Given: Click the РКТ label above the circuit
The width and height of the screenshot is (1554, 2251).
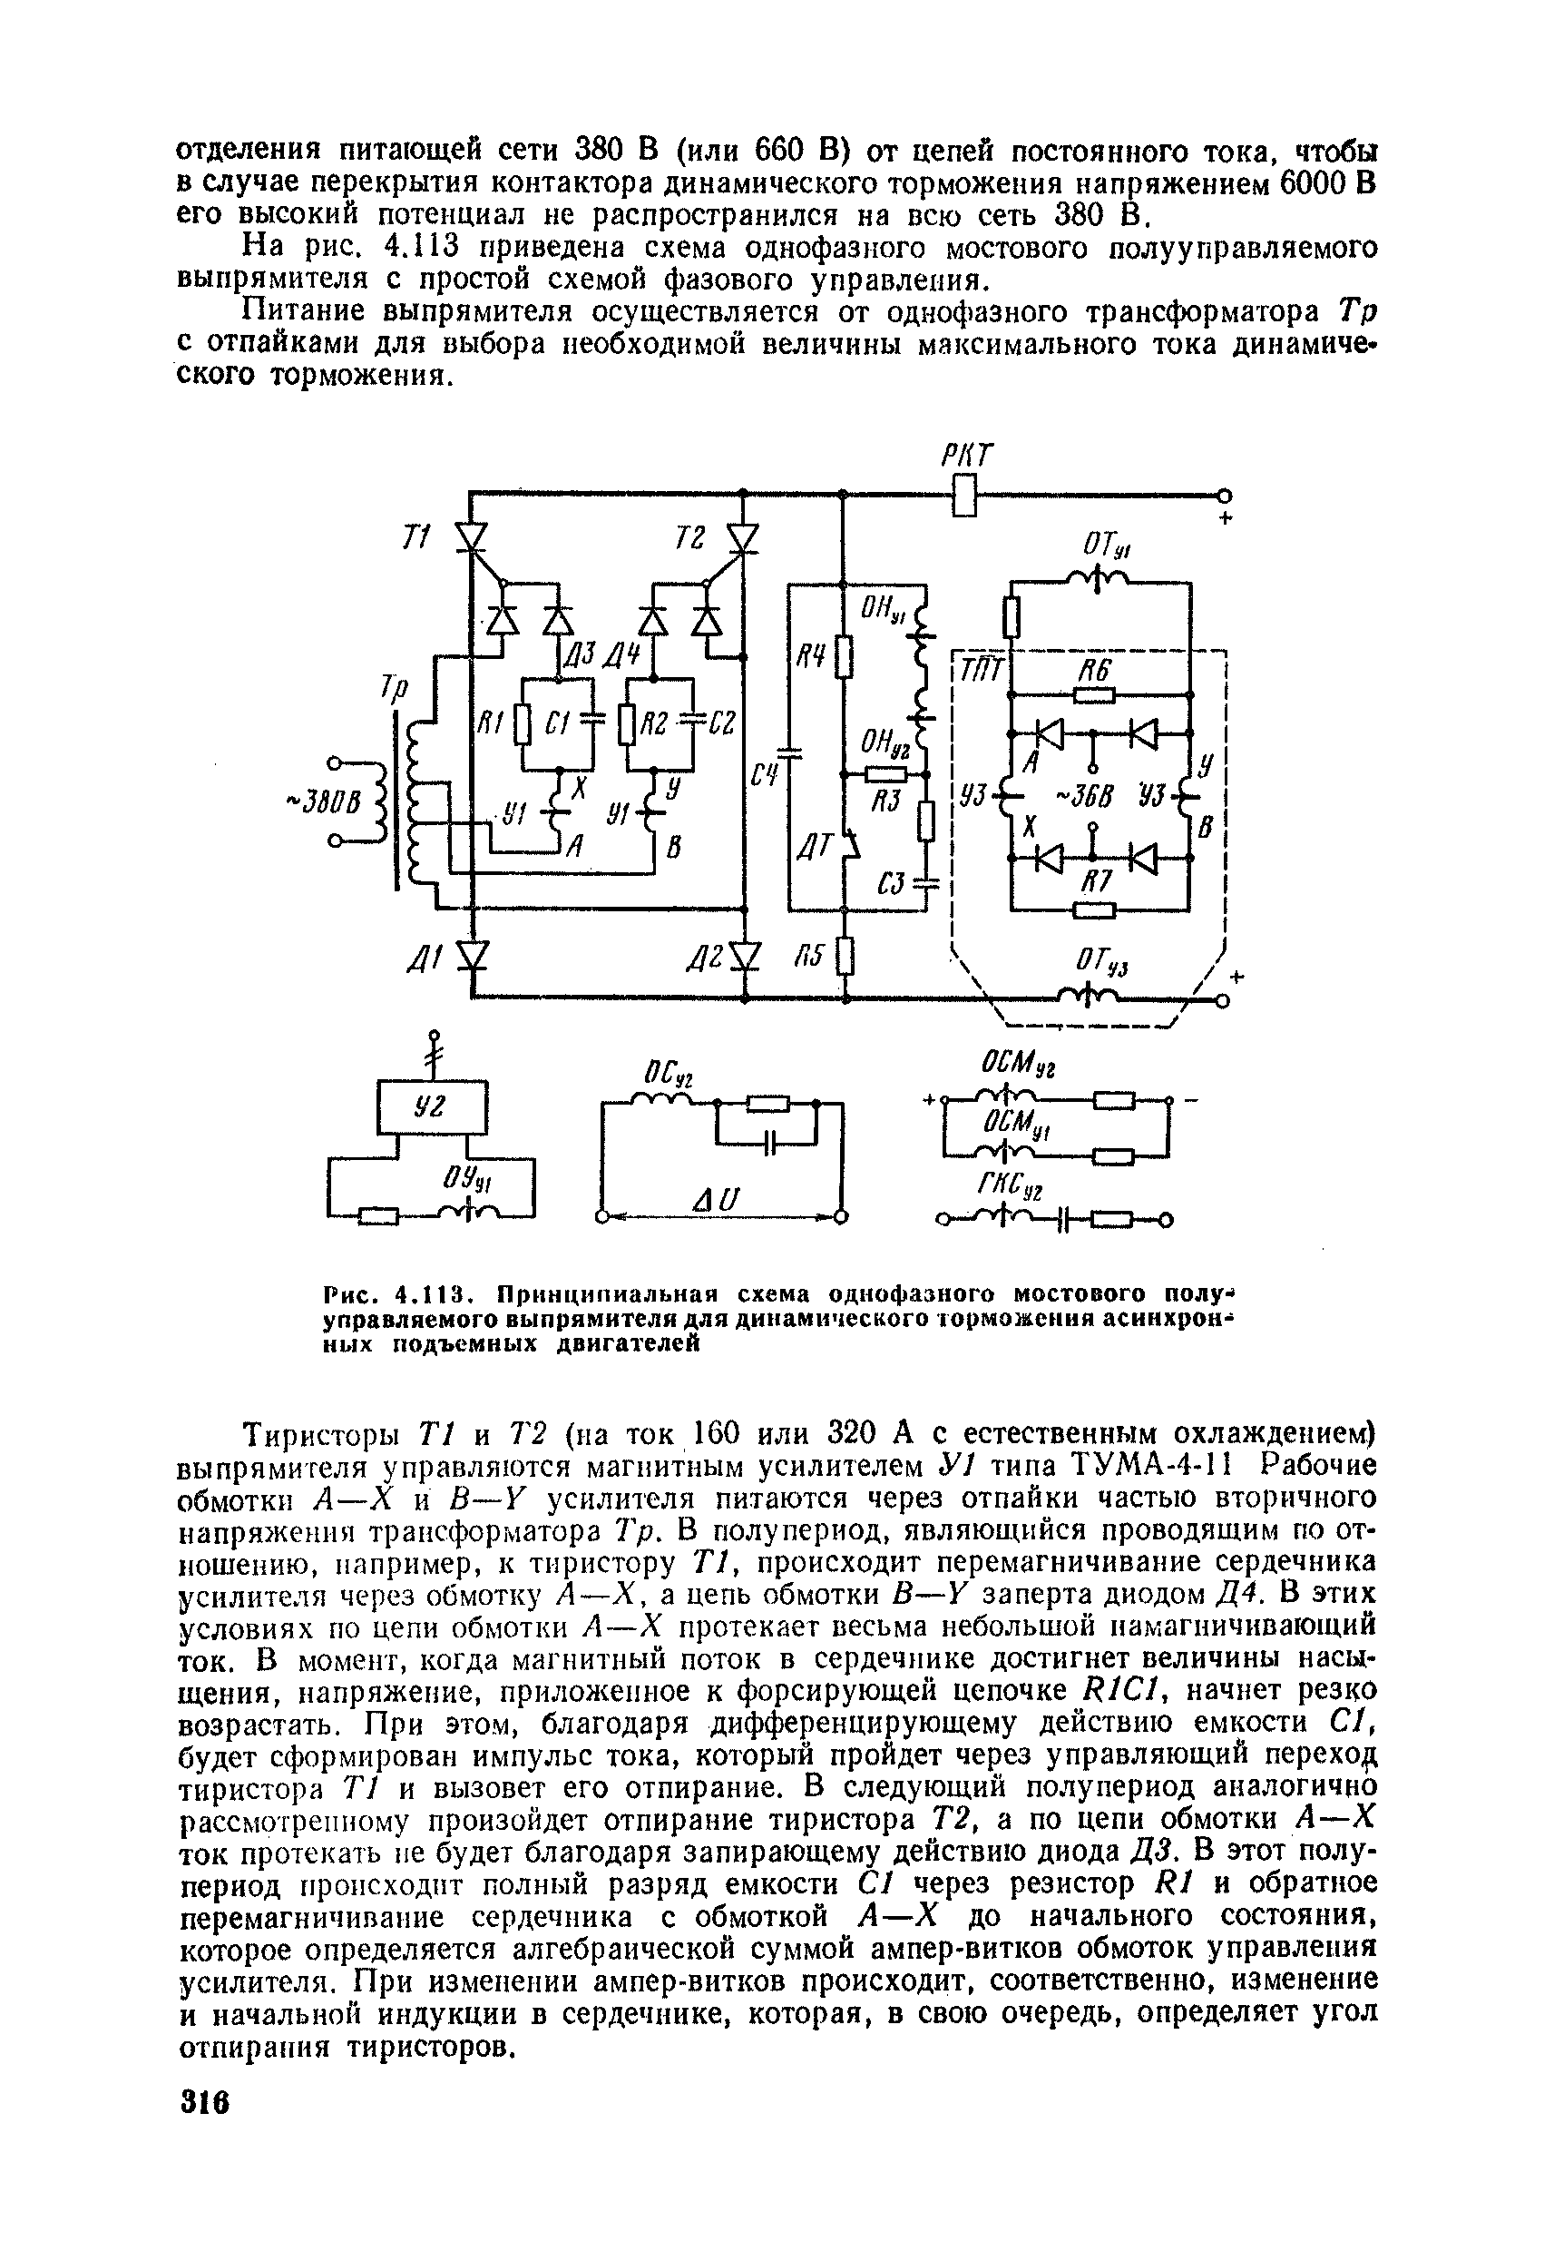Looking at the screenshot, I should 966,455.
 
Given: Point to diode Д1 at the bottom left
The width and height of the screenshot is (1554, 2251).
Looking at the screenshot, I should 474,957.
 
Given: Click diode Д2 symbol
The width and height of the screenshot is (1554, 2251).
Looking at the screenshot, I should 746,957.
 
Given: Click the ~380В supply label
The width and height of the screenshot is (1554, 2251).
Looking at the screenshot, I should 322,801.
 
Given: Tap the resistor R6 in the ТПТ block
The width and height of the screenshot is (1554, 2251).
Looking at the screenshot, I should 1095,694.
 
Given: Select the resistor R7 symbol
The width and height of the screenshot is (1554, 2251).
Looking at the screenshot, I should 1095,910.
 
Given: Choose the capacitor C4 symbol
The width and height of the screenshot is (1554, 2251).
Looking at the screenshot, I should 791,752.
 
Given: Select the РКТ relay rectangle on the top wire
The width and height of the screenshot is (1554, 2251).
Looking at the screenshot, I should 964,495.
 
